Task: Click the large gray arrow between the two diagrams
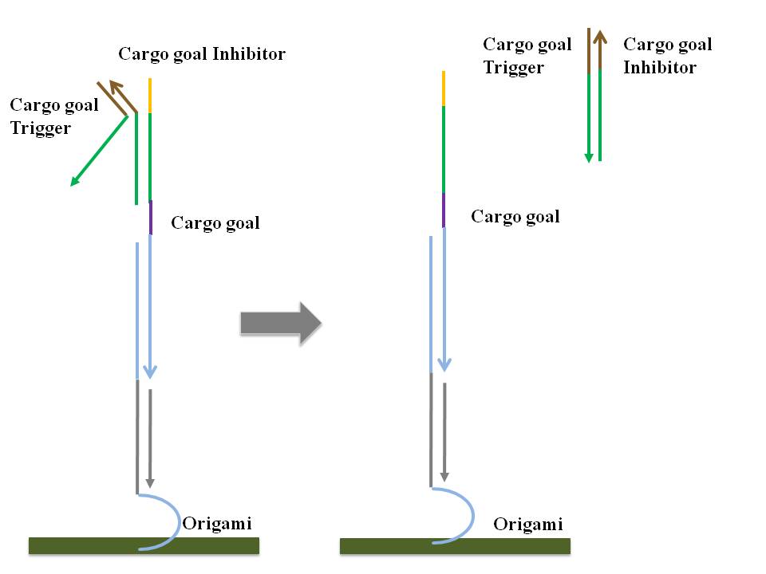click(280, 322)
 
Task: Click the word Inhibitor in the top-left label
click(248, 54)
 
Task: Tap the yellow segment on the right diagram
click(444, 88)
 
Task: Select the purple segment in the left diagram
click(150, 218)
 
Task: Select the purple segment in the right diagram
click(444, 210)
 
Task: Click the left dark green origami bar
click(144, 545)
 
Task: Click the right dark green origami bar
click(455, 545)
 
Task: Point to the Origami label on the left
click(217, 524)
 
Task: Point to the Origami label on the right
click(528, 525)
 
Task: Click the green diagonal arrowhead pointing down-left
click(74, 182)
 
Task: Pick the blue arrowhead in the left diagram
click(150, 372)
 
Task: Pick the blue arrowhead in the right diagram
click(444, 364)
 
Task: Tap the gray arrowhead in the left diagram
click(150, 483)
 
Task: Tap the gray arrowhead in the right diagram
click(444, 475)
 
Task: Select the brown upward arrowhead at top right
click(599, 35)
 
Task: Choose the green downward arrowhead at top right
click(589, 157)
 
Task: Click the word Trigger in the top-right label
click(514, 68)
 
